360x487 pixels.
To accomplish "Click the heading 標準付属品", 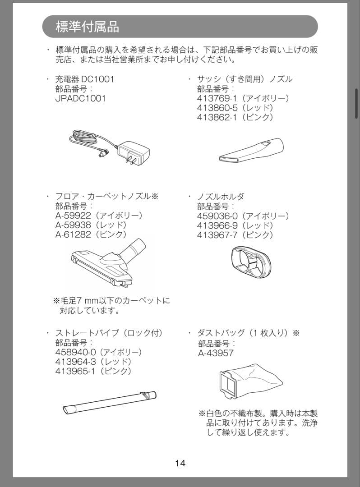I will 88,26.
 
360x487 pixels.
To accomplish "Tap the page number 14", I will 180,463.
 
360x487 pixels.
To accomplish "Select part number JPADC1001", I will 80,98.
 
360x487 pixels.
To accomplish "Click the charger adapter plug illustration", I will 134,152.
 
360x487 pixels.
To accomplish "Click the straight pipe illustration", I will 110,403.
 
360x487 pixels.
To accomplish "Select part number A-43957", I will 216,353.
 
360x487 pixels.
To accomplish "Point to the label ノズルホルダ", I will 221,197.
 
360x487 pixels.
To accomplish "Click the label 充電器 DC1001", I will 85,79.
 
